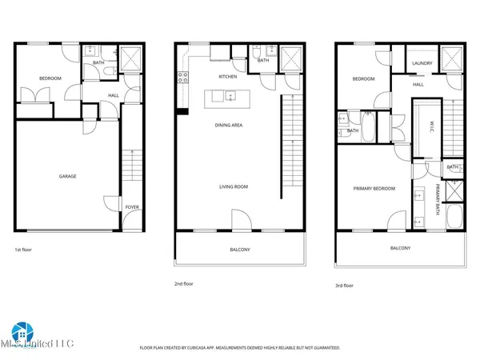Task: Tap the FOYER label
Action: [132, 207]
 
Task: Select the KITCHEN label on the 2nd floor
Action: [229, 77]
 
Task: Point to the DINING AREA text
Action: [230, 125]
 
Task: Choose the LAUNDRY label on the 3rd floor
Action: [422, 63]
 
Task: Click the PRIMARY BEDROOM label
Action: [374, 189]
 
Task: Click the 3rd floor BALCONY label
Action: [401, 248]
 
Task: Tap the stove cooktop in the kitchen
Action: [182, 78]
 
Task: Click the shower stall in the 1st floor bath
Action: [129, 58]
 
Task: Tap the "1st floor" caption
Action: [24, 249]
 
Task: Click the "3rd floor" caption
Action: [344, 284]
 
